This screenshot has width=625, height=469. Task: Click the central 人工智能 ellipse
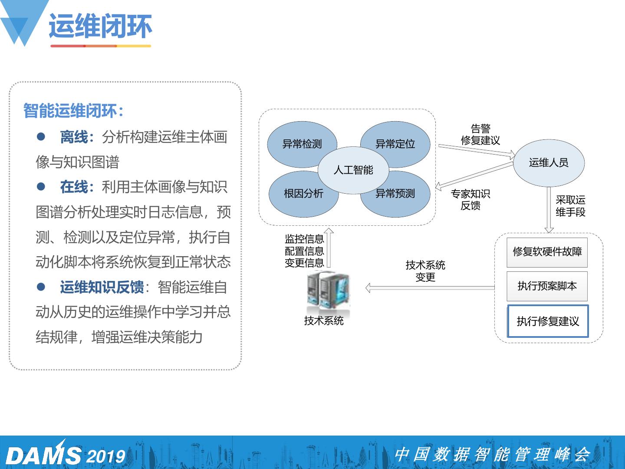[x=353, y=170]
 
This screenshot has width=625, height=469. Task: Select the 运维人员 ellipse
[x=549, y=163]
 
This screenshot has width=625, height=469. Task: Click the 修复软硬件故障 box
[x=547, y=252]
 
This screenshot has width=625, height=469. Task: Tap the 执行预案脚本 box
[x=547, y=286]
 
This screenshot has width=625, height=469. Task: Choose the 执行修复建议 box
[x=548, y=321]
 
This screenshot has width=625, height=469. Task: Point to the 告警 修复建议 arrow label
[x=480, y=134]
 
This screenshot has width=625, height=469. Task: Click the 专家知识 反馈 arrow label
[x=470, y=199]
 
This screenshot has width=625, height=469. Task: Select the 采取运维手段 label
[x=570, y=206]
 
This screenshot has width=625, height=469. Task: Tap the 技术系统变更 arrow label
[x=425, y=271]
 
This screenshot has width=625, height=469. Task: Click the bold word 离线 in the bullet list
[x=74, y=137]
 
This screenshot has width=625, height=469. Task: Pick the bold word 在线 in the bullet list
[x=74, y=187]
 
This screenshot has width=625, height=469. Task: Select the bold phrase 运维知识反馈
[x=102, y=287]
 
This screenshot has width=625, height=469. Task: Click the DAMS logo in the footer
[x=43, y=455]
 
